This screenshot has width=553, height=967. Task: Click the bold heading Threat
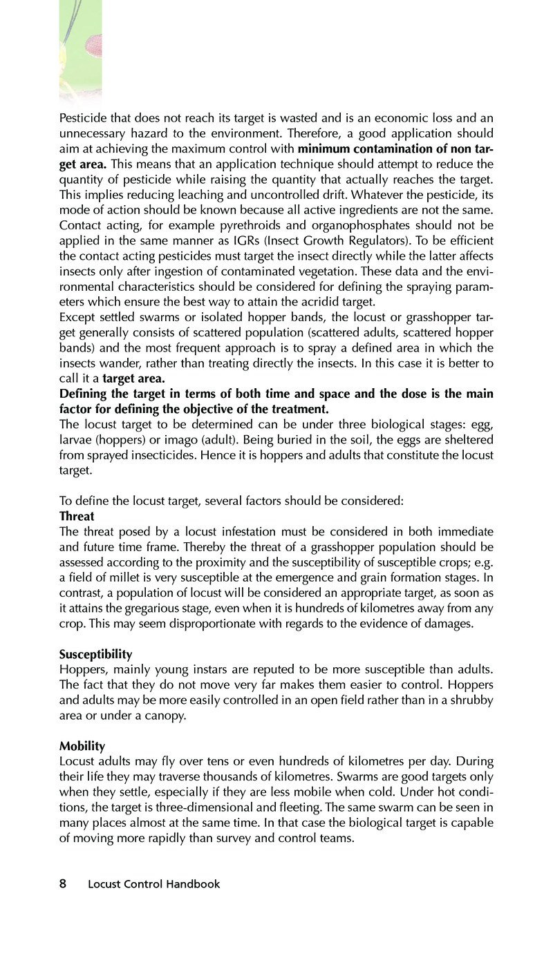(x=77, y=516)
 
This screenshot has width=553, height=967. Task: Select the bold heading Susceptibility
(x=95, y=653)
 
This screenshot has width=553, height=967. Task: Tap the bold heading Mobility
(x=82, y=746)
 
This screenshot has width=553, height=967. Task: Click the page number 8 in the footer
(x=63, y=883)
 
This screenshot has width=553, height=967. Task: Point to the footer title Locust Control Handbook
(x=154, y=884)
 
